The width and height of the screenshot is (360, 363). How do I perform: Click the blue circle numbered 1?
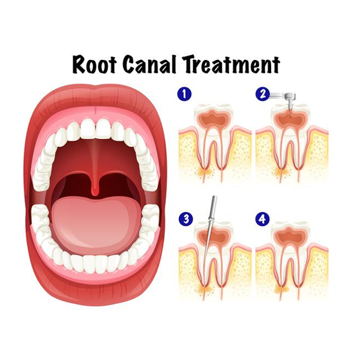(184, 94)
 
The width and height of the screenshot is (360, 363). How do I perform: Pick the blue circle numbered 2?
(263, 94)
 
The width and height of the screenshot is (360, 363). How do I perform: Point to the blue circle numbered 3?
(186, 219)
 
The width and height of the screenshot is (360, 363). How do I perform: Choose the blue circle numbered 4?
(262, 219)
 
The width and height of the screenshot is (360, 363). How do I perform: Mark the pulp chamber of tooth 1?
(213, 118)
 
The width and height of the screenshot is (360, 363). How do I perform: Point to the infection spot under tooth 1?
(206, 172)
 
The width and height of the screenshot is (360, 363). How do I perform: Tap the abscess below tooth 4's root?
(282, 289)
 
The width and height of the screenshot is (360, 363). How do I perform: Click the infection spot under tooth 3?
(206, 289)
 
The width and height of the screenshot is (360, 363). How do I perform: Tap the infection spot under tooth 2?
(282, 172)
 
